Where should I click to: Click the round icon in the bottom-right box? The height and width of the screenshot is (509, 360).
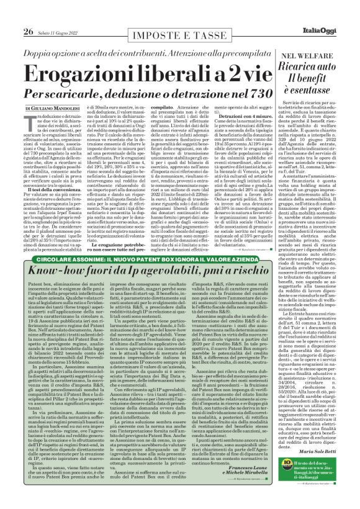click(x=277, y=486)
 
